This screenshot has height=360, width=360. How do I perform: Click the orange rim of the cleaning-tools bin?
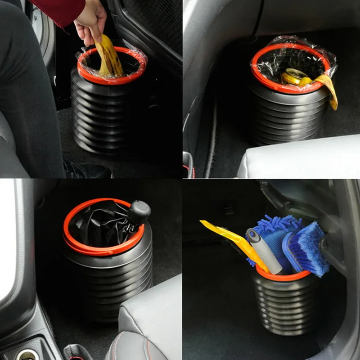point(283,276)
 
